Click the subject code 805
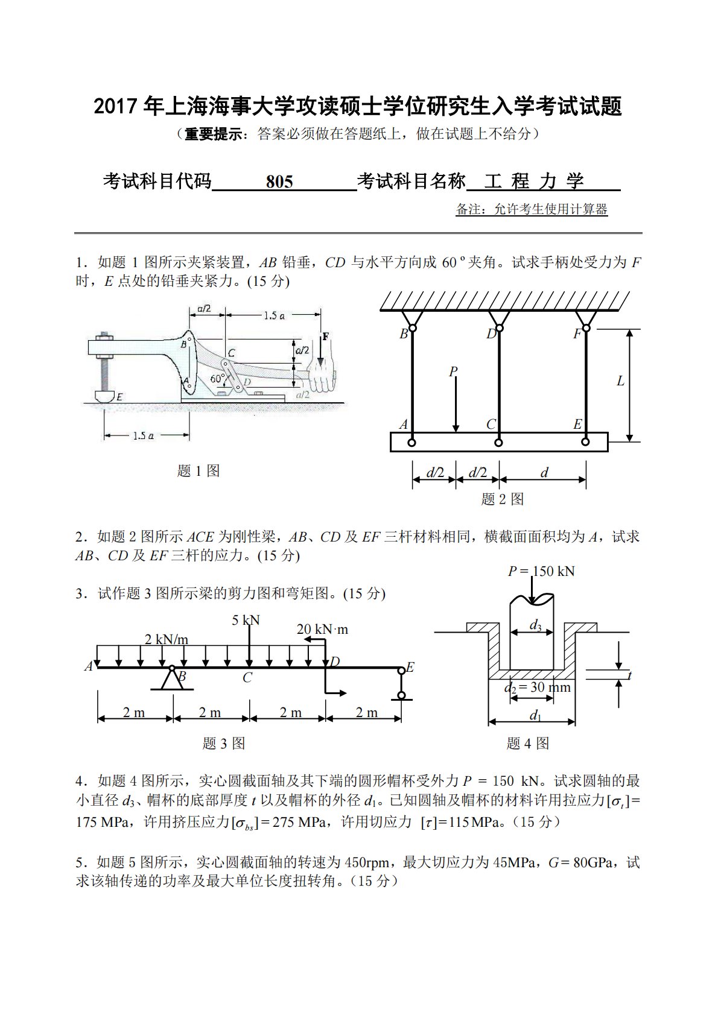(279, 182)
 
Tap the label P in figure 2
(453, 372)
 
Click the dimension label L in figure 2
(620, 381)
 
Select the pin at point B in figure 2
(411, 330)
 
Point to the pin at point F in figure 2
(585, 330)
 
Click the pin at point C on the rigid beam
(498, 443)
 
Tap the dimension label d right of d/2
(544, 473)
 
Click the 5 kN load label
(246, 620)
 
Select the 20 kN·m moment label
(322, 630)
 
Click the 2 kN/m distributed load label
(166, 639)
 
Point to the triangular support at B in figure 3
(172, 679)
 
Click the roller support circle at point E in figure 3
(401, 695)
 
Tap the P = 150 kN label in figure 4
(541, 571)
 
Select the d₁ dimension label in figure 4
(535, 715)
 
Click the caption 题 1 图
(198, 471)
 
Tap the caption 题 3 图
(223, 744)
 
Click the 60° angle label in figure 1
(217, 379)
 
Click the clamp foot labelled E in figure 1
(105, 396)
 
